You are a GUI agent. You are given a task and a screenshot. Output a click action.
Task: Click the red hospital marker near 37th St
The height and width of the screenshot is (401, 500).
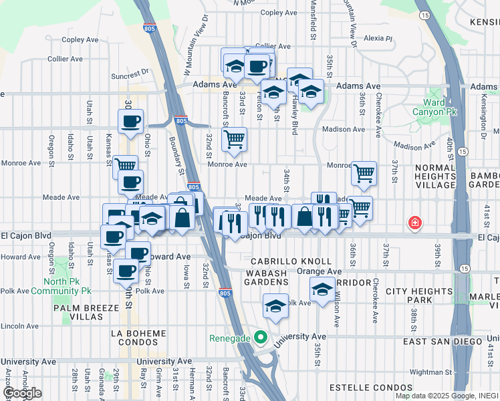click(x=415, y=222)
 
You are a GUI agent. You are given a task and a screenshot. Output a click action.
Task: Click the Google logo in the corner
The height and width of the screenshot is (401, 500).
click(x=22, y=393)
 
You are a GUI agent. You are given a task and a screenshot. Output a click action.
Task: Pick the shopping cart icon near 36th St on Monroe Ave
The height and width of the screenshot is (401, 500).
click(x=364, y=173)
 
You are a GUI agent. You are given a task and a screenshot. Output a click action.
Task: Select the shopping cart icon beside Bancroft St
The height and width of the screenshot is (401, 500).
click(x=234, y=139)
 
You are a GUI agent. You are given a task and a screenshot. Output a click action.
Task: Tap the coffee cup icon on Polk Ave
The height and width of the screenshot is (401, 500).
click(x=126, y=271)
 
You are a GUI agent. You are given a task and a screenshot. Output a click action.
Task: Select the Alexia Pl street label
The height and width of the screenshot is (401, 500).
click(x=378, y=38)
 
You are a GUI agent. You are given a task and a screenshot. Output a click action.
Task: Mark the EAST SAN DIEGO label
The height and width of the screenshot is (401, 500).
click(x=443, y=342)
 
